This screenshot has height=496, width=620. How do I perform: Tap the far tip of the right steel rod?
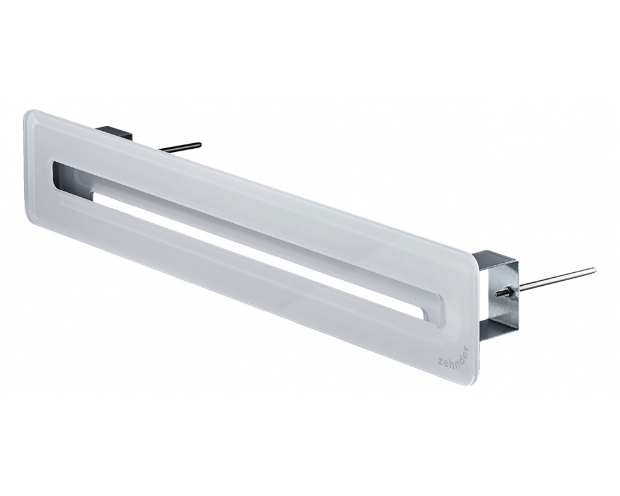click(x=593, y=270)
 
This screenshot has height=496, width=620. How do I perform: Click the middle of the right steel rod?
click(x=555, y=278)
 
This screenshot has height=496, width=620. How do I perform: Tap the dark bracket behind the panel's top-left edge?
click(x=115, y=133)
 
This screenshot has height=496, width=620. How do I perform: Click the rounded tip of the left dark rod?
click(x=198, y=145)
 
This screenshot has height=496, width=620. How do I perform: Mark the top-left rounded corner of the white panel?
click(x=31, y=115)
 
